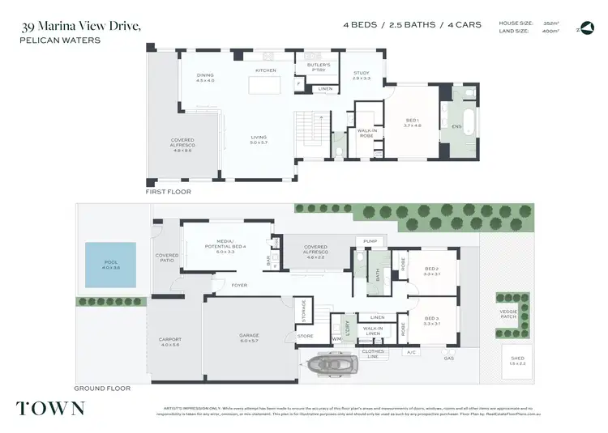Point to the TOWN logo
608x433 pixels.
tap(50, 407)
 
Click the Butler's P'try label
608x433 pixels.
tap(318, 66)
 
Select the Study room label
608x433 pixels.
tap(361, 76)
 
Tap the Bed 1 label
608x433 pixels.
tap(413, 123)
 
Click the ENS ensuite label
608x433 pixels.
tap(456, 126)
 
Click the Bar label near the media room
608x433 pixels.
tap(268, 261)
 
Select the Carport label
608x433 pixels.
tap(170, 342)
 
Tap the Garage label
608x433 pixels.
tap(249, 338)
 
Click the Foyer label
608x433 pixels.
tap(239, 285)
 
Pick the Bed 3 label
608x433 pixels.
tap(431, 321)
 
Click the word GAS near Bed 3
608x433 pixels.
tap(448, 358)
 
